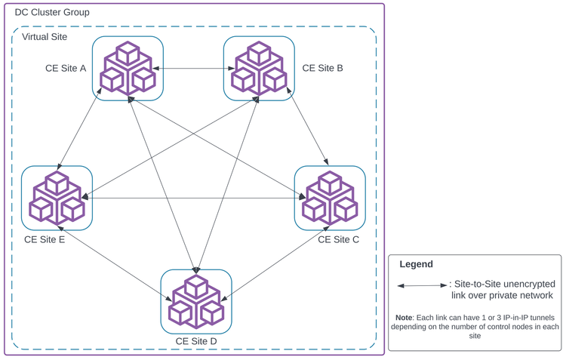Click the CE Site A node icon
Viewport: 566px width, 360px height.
[127, 67]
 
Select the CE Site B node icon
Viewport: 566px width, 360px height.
[259, 67]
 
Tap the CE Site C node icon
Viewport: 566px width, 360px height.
[330, 198]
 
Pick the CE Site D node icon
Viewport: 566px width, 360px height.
[196, 300]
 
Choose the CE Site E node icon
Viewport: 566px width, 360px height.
[57, 198]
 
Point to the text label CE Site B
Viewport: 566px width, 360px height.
[322, 69]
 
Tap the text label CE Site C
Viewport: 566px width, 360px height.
[338, 240]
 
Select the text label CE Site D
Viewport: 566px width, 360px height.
[196, 341]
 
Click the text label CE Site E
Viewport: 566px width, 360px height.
[45, 241]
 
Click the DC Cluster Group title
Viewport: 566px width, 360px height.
[52, 13]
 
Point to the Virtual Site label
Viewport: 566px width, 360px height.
[45, 37]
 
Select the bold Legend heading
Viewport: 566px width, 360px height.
[416, 264]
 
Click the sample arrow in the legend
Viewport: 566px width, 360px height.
[423, 285]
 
